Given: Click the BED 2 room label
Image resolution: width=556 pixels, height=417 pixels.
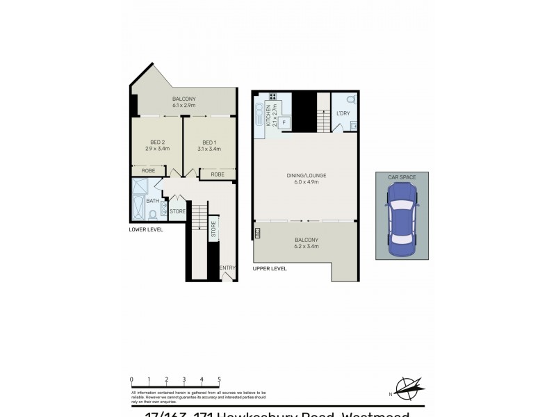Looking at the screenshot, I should coord(156,142).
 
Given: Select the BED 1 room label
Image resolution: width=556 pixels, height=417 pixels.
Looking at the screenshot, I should coord(208,142).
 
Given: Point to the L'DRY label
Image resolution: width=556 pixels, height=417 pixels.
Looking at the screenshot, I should coord(343,113).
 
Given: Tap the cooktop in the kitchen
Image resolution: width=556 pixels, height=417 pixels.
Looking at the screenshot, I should coord(274,97).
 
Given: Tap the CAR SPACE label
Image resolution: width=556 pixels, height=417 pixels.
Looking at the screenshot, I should coord(401,178).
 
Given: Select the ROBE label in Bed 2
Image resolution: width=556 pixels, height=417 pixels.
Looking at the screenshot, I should coord(148,170).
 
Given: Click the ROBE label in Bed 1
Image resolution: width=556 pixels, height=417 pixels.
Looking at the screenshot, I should coord(218,174).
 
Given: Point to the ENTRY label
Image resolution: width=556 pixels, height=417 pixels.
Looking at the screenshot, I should coord(227,268).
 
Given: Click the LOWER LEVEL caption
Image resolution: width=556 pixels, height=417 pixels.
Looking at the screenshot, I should coord(146,229).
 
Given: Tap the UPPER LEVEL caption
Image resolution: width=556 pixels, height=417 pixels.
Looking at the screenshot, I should coord(270,268).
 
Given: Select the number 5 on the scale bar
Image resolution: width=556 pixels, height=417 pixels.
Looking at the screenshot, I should coord(220,379).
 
